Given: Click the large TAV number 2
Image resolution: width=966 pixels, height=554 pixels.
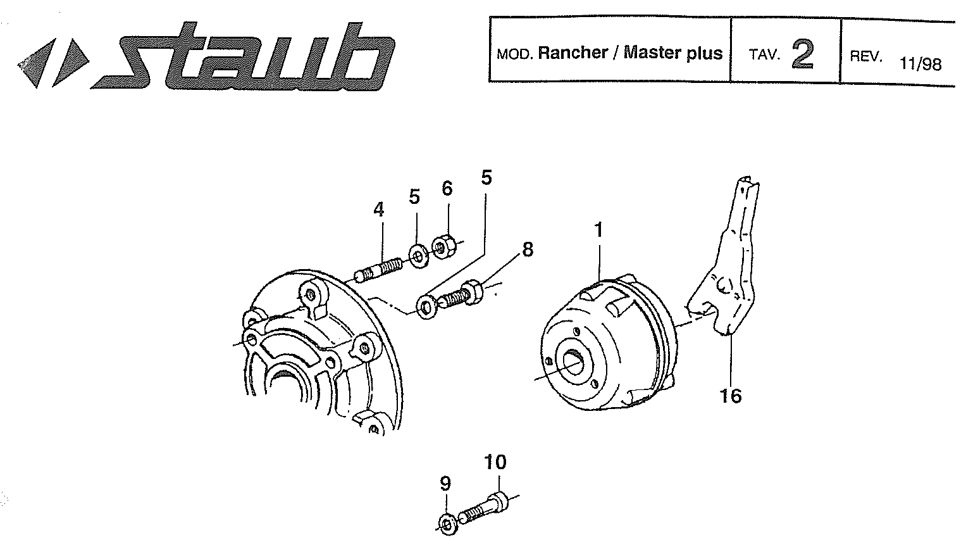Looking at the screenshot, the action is click(803, 54).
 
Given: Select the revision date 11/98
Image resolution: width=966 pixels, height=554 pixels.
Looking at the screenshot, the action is click(920, 64).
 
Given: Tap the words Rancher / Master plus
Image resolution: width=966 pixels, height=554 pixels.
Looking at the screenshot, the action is click(630, 53).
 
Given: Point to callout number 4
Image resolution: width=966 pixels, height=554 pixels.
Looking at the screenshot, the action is click(378, 210).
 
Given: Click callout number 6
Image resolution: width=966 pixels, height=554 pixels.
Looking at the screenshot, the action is click(447, 188).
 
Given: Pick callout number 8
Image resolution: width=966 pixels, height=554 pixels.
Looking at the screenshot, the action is click(528, 249).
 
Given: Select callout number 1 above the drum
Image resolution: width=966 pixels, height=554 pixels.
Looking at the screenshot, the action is click(598, 230).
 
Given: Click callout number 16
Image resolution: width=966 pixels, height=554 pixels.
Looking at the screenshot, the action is click(731, 396).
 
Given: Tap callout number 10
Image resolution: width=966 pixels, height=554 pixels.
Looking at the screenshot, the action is click(495, 462).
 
